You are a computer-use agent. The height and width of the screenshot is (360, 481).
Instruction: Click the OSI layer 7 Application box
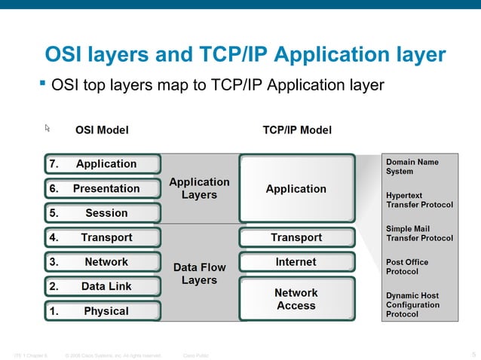pos(101,164)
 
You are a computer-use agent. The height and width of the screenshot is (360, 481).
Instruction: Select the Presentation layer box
pos(101,189)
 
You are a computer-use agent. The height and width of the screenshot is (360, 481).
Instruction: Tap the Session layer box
pos(101,213)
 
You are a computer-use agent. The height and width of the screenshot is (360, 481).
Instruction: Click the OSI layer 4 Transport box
pos(101,238)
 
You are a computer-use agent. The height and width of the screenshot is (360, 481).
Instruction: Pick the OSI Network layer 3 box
pos(101,262)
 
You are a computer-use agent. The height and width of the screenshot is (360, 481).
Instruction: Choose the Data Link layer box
pos(101,287)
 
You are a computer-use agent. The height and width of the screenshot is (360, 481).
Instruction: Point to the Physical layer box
pos(101,311)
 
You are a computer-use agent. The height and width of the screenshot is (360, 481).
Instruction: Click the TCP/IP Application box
pos(296,189)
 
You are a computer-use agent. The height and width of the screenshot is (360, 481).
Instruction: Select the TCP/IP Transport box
pos(296,238)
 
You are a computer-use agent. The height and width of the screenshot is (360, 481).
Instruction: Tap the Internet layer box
pos(296,262)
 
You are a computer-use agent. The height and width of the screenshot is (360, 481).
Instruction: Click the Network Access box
pos(296,299)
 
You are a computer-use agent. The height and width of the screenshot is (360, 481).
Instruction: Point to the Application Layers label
pos(199,188)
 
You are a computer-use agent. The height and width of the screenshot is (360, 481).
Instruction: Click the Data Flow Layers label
pos(199,273)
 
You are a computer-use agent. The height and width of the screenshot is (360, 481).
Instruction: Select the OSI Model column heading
pos(102,130)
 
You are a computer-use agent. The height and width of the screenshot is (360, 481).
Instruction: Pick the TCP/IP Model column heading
pos(296,130)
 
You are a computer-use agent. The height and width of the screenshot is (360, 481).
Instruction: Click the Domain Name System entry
pos(412,166)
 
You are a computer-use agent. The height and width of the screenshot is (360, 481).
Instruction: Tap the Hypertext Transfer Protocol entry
pos(419,200)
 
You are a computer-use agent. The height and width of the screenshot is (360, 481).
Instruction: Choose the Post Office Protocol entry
pos(407,267)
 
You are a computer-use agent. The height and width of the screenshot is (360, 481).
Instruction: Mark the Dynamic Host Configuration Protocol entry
pos(412,305)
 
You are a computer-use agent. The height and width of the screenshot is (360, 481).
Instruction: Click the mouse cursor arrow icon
pos(47,129)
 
